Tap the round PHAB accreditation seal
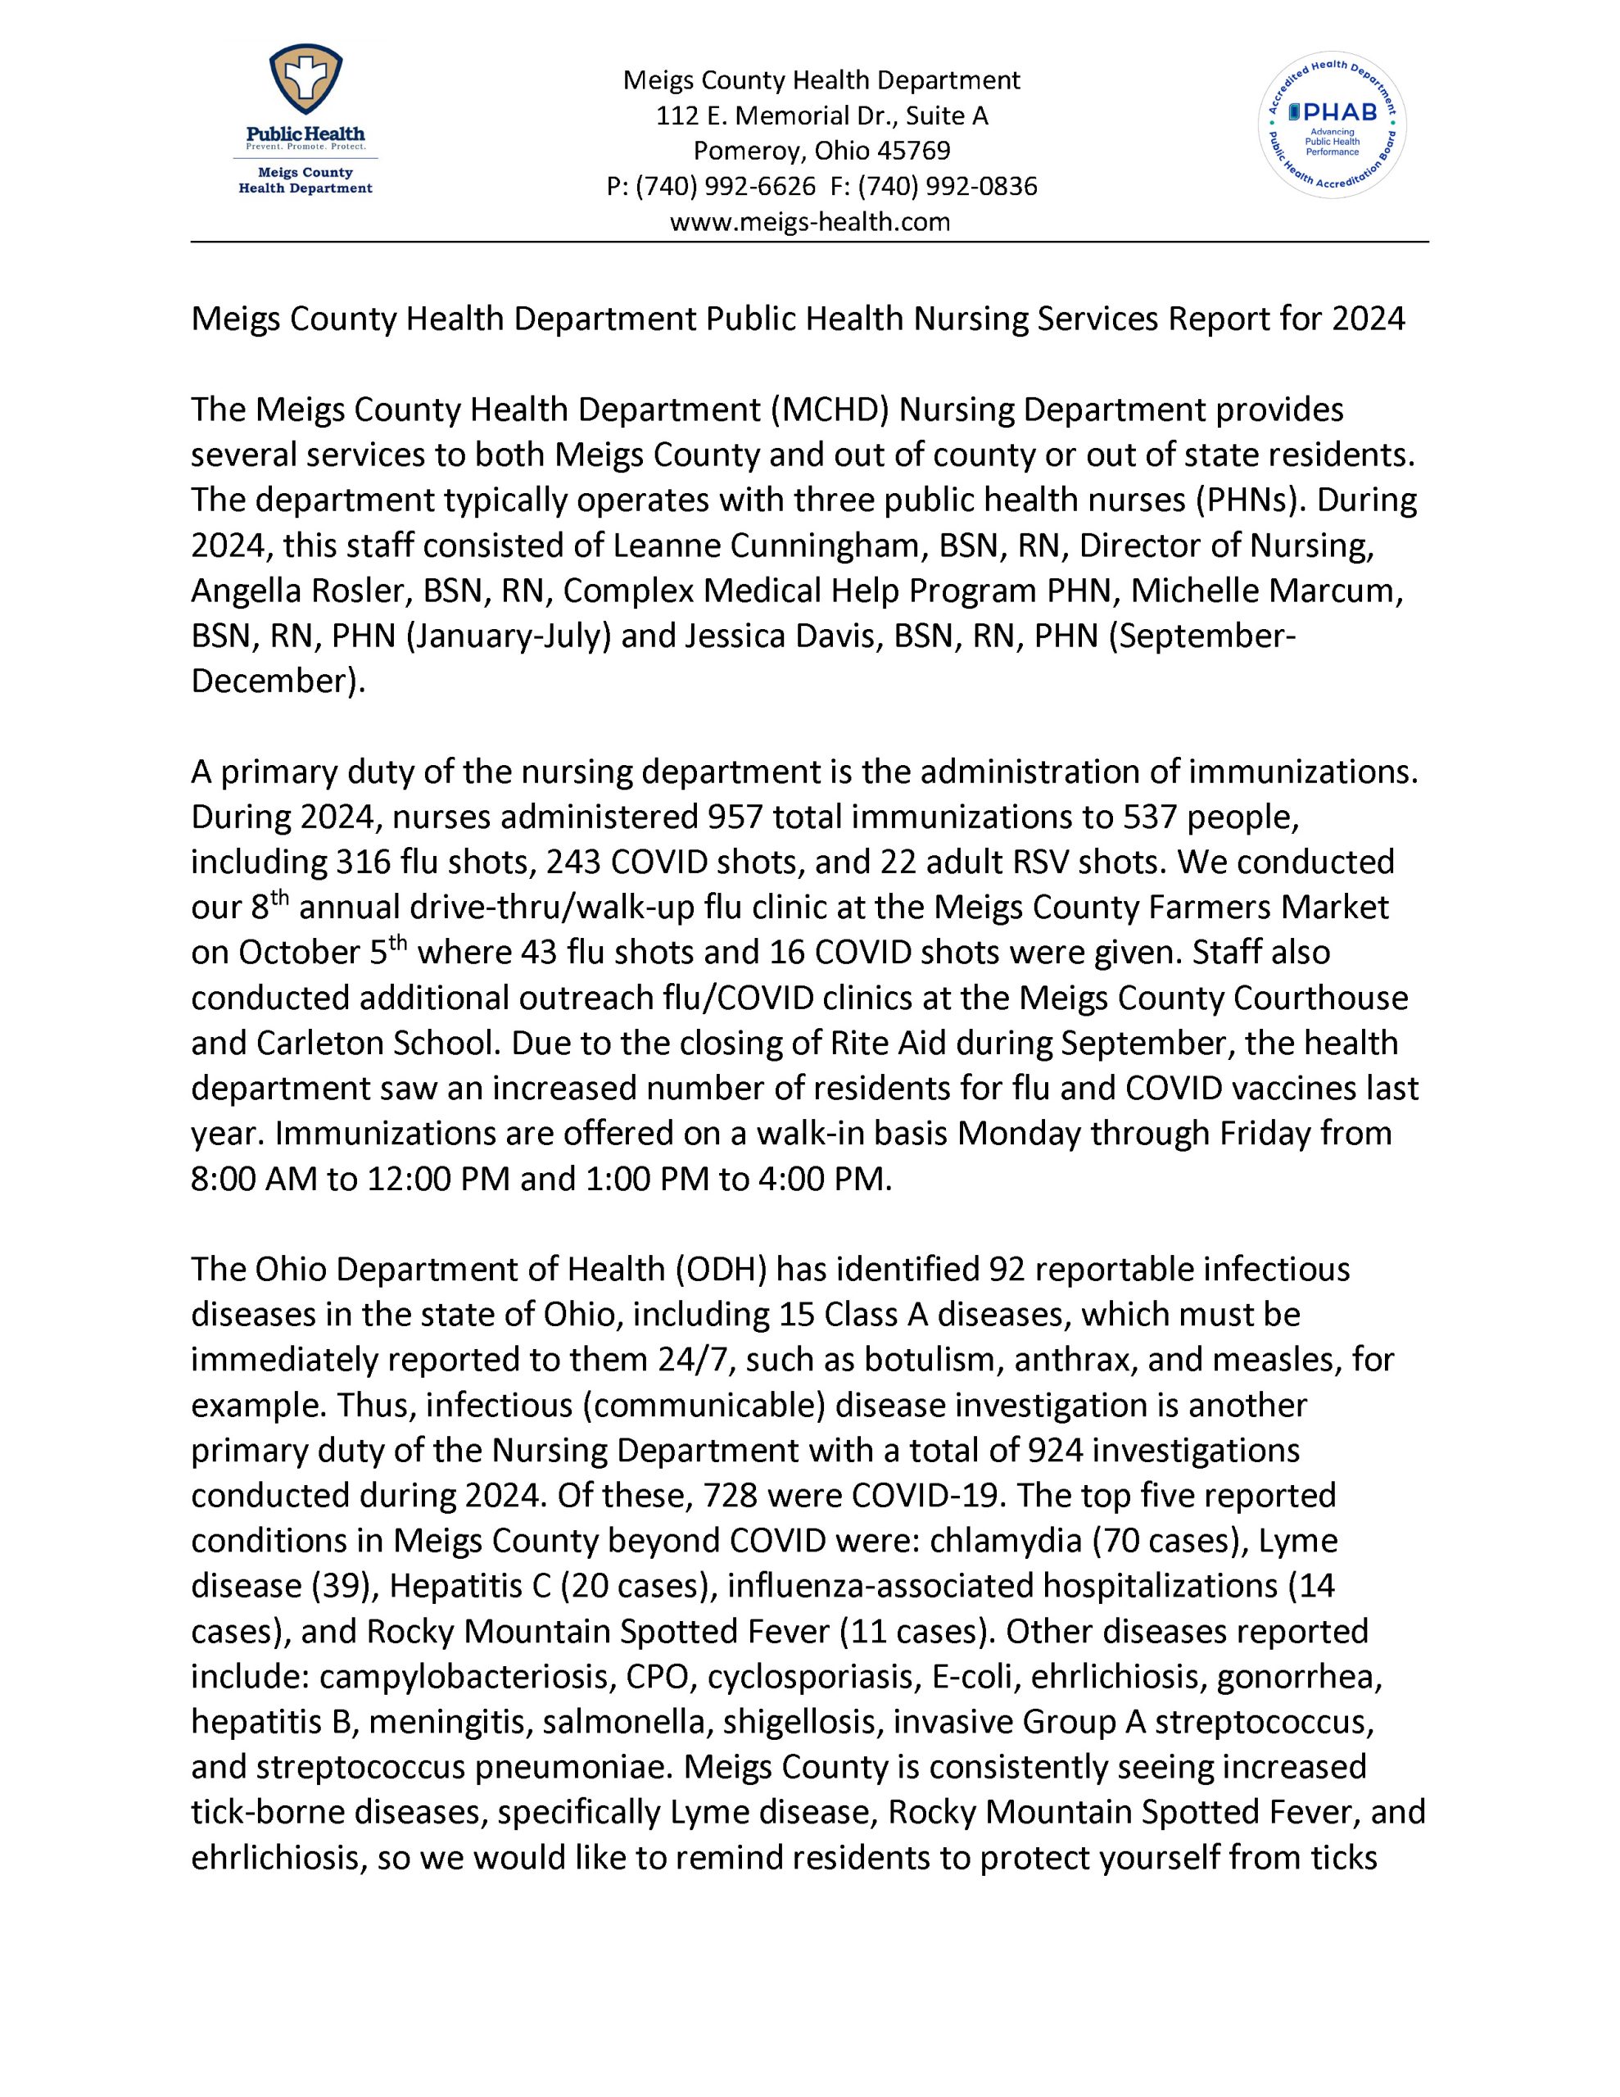point(1332,125)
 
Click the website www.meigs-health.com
point(809,223)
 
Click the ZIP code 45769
point(919,151)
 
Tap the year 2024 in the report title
point(1368,319)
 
